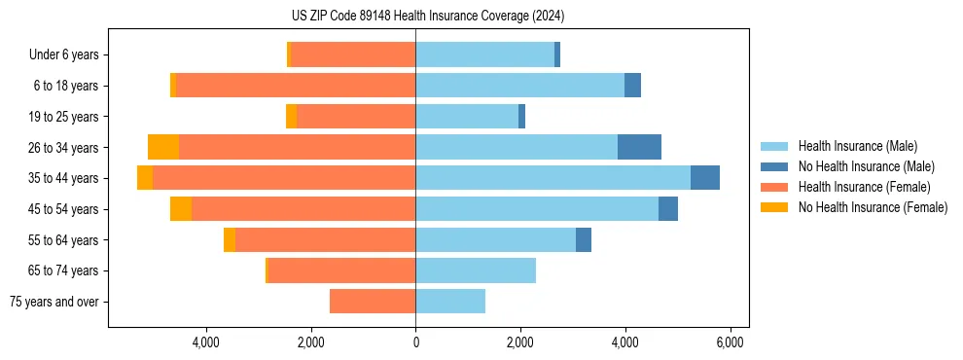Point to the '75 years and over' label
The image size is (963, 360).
(x=54, y=302)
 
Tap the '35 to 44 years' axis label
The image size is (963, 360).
(x=65, y=178)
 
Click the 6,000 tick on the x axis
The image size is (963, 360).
(x=730, y=342)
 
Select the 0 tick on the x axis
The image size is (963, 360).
(x=415, y=342)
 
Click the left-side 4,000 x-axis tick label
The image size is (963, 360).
(x=206, y=342)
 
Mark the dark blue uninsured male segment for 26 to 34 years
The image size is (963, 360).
(x=639, y=147)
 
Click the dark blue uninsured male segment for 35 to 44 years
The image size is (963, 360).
(x=704, y=178)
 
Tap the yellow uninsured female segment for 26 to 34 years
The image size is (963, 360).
(x=163, y=147)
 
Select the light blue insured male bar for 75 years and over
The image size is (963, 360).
(x=450, y=302)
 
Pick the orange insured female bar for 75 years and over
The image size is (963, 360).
(x=373, y=302)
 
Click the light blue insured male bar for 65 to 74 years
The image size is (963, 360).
(x=476, y=270)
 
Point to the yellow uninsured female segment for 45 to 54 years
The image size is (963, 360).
(x=181, y=209)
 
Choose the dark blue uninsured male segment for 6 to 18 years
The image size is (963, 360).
(x=632, y=86)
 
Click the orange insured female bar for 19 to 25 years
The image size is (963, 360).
(x=356, y=117)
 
